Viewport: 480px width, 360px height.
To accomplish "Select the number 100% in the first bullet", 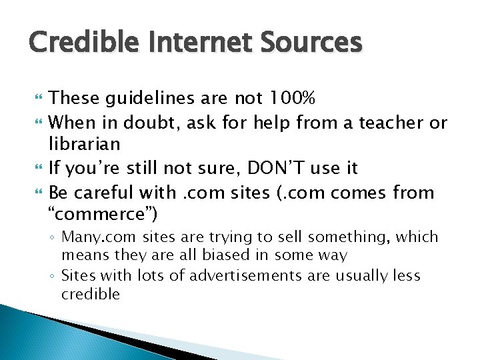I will click(x=290, y=99).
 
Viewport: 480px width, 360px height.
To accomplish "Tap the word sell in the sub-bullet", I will click(x=282, y=237).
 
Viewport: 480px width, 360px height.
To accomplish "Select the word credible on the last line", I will click(x=90, y=294).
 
